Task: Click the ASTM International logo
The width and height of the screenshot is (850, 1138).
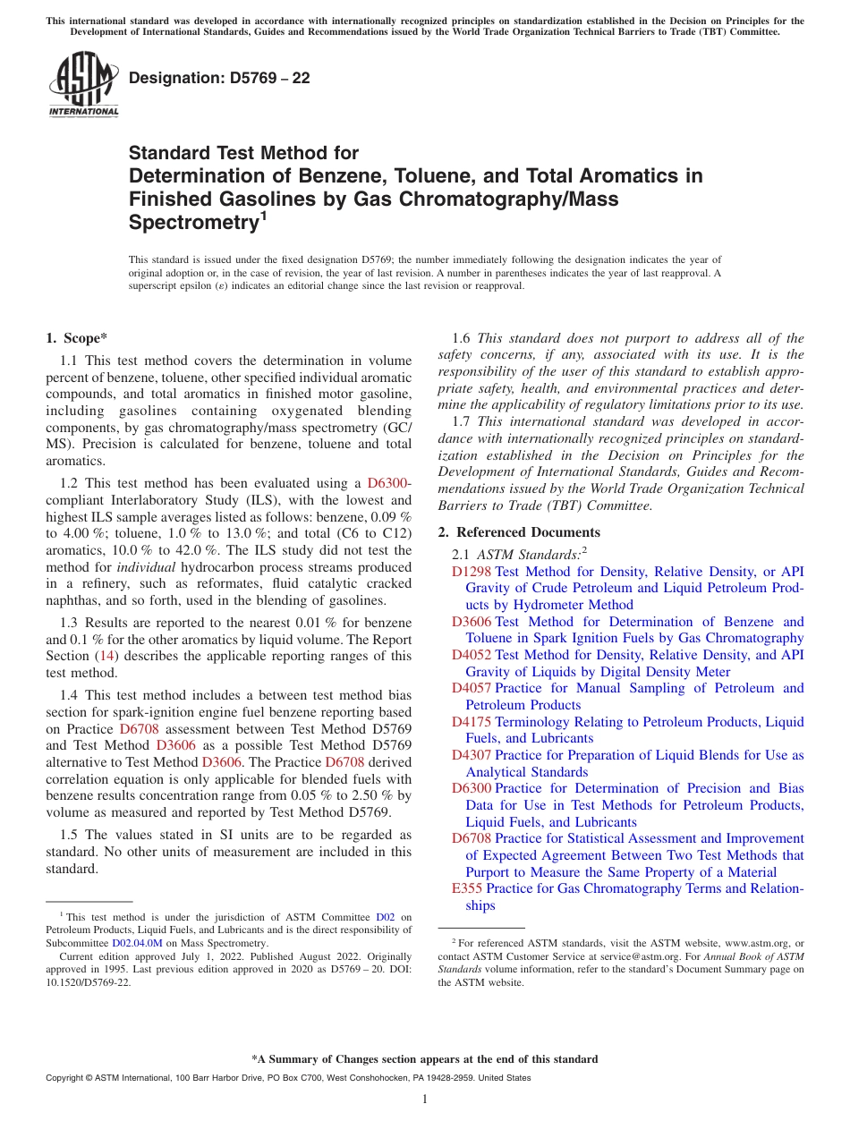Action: [x=83, y=86]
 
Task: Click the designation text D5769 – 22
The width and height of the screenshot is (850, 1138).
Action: [x=219, y=79]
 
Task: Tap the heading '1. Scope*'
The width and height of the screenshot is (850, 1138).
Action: [x=76, y=338]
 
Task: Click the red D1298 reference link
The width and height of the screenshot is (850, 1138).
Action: [x=472, y=572]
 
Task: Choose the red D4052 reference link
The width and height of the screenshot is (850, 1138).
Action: [x=472, y=655]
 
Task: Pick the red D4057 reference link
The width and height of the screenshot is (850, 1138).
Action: [x=472, y=688]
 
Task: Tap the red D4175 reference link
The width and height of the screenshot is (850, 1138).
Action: [x=472, y=722]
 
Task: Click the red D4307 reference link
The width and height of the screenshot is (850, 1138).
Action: [x=472, y=755]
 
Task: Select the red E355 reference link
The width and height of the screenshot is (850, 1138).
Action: [x=467, y=888]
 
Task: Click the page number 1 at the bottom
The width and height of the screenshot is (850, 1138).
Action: [x=425, y=1100]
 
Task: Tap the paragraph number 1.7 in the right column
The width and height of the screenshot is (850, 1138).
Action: [x=461, y=421]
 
